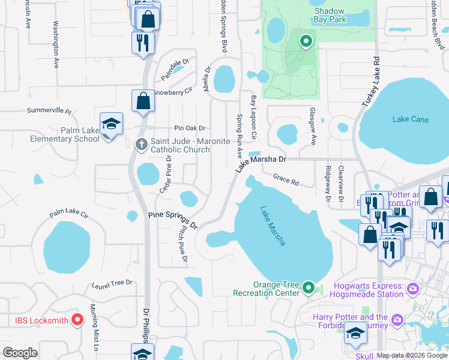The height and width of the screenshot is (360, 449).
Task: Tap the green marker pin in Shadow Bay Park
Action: [x=306, y=41]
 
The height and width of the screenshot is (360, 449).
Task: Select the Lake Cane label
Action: [x=411, y=119]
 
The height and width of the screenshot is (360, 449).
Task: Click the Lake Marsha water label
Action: [x=273, y=226]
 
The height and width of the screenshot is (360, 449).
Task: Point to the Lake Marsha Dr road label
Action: [x=261, y=163]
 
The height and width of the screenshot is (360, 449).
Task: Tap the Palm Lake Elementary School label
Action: [x=80, y=134]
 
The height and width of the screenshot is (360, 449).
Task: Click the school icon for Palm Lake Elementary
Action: [x=111, y=124]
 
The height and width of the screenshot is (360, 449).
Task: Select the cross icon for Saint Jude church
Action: [x=141, y=144]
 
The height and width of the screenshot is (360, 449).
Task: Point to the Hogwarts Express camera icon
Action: [x=412, y=289]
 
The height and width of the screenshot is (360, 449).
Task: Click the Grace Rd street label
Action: [x=286, y=178]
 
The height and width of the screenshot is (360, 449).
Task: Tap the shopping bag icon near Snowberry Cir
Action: [x=143, y=101]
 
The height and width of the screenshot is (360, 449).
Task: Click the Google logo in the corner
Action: [x=20, y=352]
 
